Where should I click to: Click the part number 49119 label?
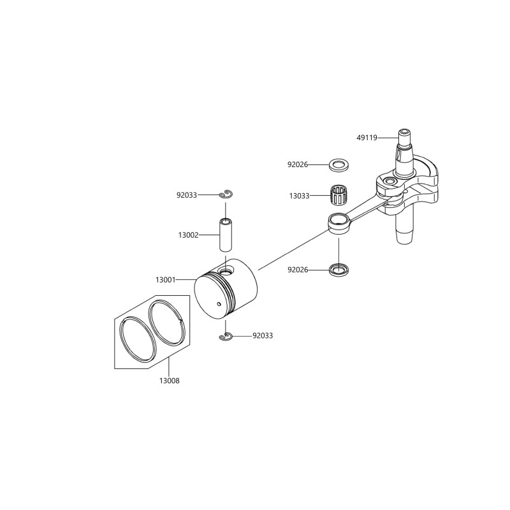click(367, 138)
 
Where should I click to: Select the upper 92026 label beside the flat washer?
click(298, 164)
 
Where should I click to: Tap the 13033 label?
click(299, 196)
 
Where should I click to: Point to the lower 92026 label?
click(298, 270)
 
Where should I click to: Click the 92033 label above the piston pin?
click(187, 195)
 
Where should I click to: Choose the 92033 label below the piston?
click(263, 336)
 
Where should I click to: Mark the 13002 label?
click(188, 235)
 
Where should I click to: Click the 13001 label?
click(166, 280)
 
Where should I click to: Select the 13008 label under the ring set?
click(170, 381)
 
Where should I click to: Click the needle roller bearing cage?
click(338, 195)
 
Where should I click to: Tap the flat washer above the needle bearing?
click(339, 165)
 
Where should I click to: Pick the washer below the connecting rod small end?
click(339, 270)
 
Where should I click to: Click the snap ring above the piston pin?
click(226, 194)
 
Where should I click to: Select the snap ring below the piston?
click(226, 337)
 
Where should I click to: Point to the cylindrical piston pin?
click(225, 235)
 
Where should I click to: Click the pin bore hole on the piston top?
click(226, 270)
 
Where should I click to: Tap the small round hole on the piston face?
click(219, 304)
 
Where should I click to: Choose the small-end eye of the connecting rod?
click(339, 222)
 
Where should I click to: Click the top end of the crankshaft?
click(404, 133)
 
